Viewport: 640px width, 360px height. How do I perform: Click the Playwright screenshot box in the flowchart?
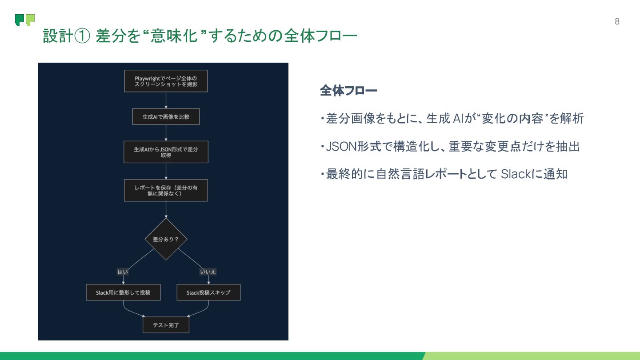coord(166,81)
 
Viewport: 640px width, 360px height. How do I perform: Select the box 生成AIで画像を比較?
coord(166,117)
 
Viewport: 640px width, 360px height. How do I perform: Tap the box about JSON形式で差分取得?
coord(166,152)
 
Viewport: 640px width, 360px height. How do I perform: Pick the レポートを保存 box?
coord(166,190)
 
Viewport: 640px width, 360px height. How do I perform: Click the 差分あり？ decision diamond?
coord(166,239)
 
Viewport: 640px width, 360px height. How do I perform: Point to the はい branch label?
coord(122,272)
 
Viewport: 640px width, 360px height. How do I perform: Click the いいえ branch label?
coord(208,272)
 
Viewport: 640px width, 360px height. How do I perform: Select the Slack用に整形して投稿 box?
coord(123,292)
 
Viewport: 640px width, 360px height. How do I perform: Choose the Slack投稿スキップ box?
coord(208,292)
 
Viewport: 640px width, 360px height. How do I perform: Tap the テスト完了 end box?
coord(166,325)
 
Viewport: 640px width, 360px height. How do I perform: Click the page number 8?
coord(617,21)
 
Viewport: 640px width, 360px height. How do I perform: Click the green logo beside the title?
coord(25,20)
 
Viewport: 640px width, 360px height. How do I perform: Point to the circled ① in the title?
coord(82,36)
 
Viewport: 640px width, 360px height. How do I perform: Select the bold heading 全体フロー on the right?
coord(348,91)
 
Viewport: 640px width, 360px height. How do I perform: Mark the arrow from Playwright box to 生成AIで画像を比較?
coord(166,100)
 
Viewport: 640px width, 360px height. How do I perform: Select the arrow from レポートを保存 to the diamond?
coord(166,209)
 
